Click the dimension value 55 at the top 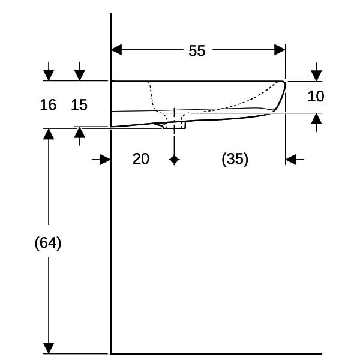pyautogui.click(x=197, y=51)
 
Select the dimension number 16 pyautogui.click(x=48, y=104)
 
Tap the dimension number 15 pyautogui.click(x=79, y=104)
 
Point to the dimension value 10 pyautogui.click(x=316, y=96)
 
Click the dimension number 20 pyautogui.click(x=141, y=158)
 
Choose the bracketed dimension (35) pyautogui.click(x=235, y=159)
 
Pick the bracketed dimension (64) pyautogui.click(x=48, y=243)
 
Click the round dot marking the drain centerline pyautogui.click(x=174, y=160)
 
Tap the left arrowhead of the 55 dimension pyautogui.click(x=116, y=50)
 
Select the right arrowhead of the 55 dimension pyautogui.click(x=280, y=50)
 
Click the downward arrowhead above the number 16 pyautogui.click(x=49, y=76)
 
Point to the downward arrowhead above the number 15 pyautogui.click(x=80, y=76)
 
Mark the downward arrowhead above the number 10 pyautogui.click(x=316, y=76)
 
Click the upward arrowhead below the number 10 pyautogui.click(x=316, y=119)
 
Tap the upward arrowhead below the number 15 pyautogui.click(x=80, y=133)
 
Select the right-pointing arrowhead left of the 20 pyautogui.click(x=105, y=160)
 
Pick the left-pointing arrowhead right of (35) pyautogui.click(x=291, y=160)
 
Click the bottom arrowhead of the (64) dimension pyautogui.click(x=49, y=348)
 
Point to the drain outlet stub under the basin pyautogui.click(x=175, y=125)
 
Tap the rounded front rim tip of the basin pyautogui.click(x=284, y=83)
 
